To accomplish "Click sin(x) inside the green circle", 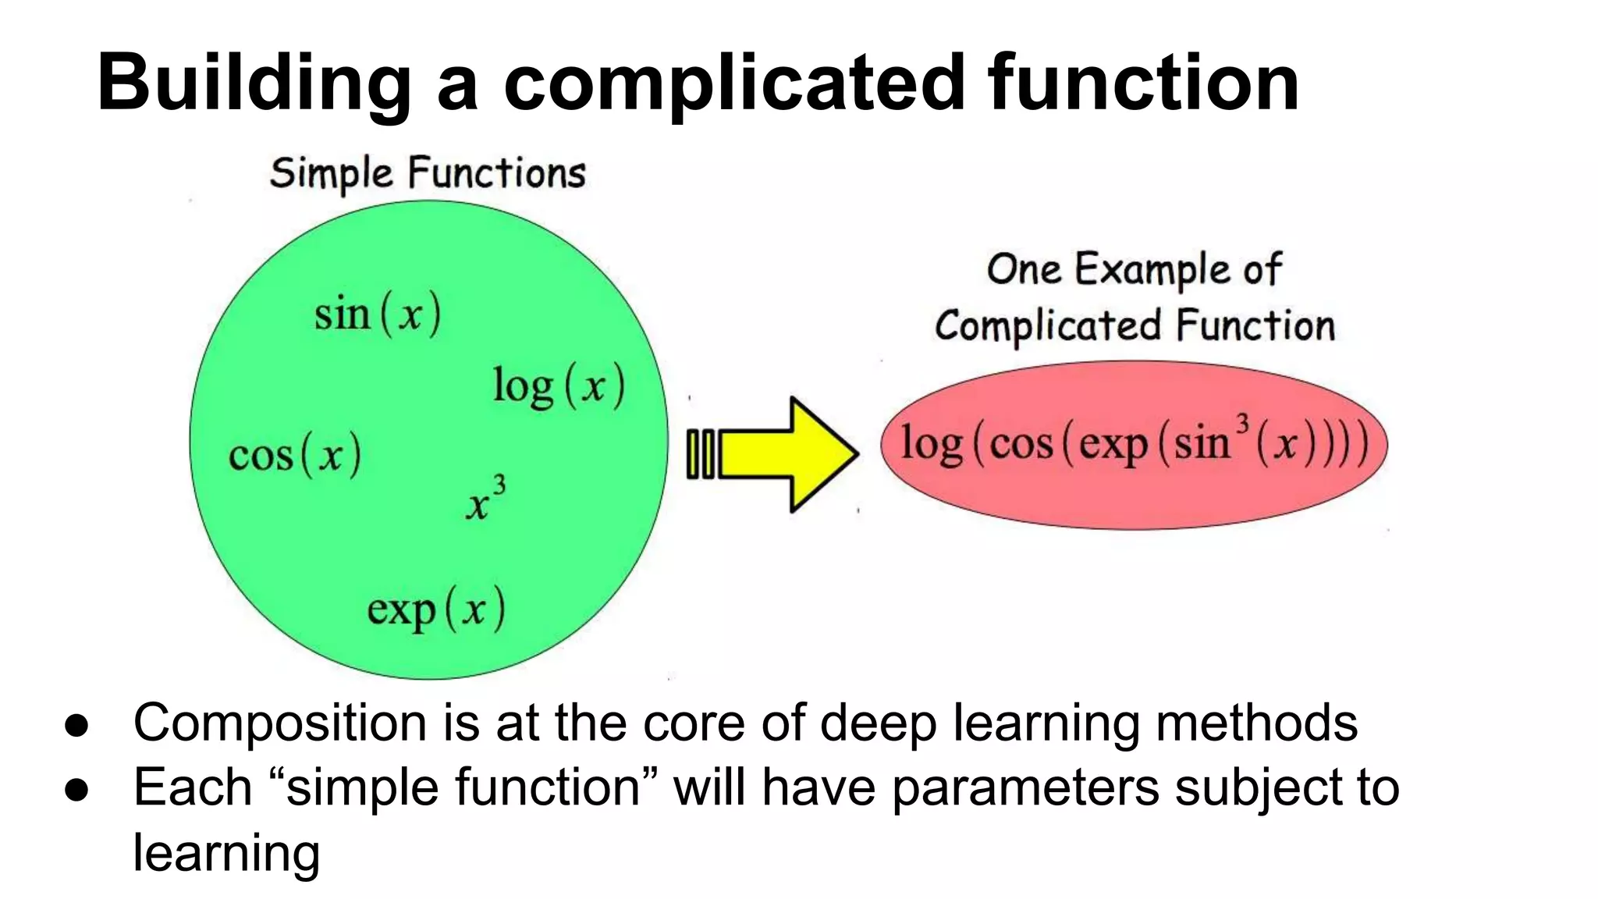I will (x=378, y=314).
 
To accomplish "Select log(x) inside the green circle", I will (x=559, y=386).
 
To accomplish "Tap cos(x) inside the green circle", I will (x=295, y=455).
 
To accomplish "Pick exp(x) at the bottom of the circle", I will (x=436, y=609).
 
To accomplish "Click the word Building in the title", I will (x=254, y=83).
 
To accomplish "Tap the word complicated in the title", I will (x=734, y=83).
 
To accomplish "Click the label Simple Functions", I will (x=428, y=173).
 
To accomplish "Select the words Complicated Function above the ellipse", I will (x=1135, y=326).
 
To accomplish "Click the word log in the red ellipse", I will (x=932, y=445).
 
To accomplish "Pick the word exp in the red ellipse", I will (x=1113, y=445).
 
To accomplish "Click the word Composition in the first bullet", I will (x=280, y=723).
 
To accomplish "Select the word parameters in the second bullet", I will (x=1025, y=787).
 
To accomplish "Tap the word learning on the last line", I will (x=226, y=853).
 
